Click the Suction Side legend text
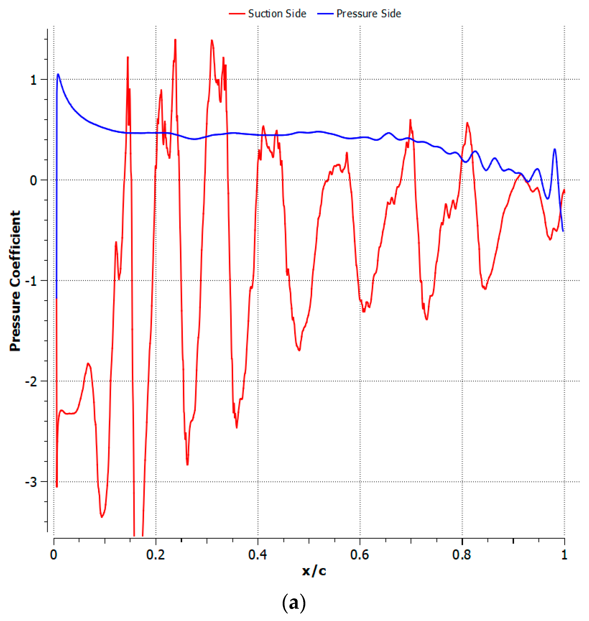click(x=277, y=14)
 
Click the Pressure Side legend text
click(x=369, y=14)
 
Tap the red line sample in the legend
click(x=237, y=14)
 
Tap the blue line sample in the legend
click(x=325, y=14)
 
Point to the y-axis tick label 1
click(x=34, y=80)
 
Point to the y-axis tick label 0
click(x=34, y=180)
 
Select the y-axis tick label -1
click(x=31, y=281)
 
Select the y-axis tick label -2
click(x=31, y=382)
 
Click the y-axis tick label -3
click(x=31, y=482)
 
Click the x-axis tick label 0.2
click(x=156, y=555)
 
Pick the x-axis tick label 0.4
click(x=258, y=555)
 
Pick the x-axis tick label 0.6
click(x=359, y=555)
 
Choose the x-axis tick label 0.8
click(x=462, y=555)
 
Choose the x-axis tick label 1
click(x=564, y=555)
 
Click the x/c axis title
click(x=314, y=571)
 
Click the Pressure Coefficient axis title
click(x=15, y=281)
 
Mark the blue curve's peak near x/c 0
click(x=58, y=74)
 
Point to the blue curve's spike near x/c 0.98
click(x=555, y=149)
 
